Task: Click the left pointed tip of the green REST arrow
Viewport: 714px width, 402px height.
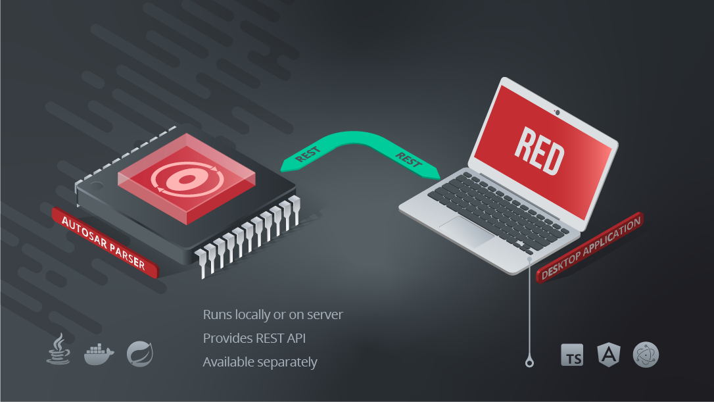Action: pyautogui.click(x=280, y=171)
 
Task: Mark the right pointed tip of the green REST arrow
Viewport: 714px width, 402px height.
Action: pyautogui.click(x=440, y=178)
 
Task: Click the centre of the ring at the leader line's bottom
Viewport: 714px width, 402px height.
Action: pyautogui.click(x=529, y=363)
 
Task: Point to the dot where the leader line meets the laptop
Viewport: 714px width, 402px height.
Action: pyautogui.click(x=529, y=259)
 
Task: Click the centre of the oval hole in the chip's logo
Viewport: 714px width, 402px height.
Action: pyautogui.click(x=186, y=179)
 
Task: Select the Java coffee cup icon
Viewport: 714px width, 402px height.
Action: pyautogui.click(x=59, y=349)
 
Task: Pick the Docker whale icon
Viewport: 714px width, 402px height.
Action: pyautogui.click(x=99, y=354)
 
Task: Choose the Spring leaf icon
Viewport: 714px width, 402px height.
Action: pyautogui.click(x=140, y=354)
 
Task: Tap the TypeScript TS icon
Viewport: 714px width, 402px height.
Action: pyautogui.click(x=572, y=355)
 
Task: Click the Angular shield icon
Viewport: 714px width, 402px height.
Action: pyautogui.click(x=609, y=354)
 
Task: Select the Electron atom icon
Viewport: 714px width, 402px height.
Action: pyautogui.click(x=646, y=355)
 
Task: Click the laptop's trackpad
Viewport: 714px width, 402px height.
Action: pyautogui.click(x=466, y=231)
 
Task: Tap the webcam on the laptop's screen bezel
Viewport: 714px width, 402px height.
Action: pyautogui.click(x=558, y=112)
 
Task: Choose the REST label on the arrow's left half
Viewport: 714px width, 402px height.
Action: pyautogui.click(x=308, y=155)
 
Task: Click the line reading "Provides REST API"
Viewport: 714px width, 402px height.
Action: pyautogui.click(x=254, y=338)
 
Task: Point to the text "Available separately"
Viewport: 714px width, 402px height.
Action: pyautogui.click(x=260, y=363)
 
